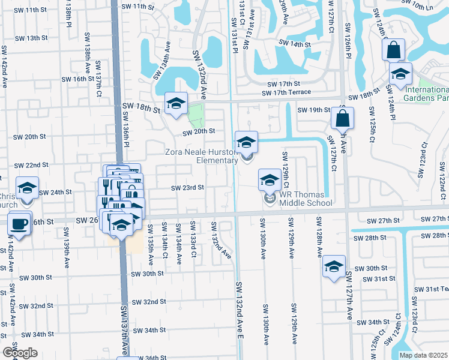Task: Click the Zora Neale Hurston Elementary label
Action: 202,156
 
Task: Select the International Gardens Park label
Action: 427,92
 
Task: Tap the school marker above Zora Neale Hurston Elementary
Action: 246,143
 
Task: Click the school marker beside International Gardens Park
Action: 400,74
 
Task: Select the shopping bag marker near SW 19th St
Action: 342,119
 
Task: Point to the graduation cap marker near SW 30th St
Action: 334,268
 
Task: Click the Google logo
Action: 20,353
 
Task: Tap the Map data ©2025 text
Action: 424,355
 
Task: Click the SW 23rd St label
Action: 188,187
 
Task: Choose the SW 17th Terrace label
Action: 286,92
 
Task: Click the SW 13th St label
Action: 32,38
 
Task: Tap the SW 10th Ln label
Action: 427,5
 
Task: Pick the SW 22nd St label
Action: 31,165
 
